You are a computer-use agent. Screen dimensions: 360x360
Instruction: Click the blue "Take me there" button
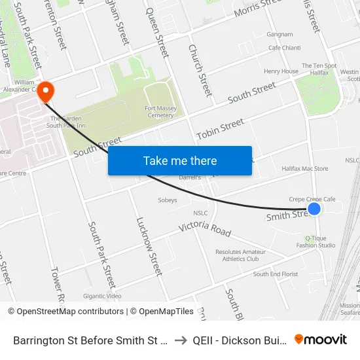[180, 161]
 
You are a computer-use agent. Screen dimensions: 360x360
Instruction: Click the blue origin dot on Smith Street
[314, 209]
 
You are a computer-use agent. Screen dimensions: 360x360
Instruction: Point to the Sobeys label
[168, 200]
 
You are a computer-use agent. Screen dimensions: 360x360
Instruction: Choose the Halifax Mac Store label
[304, 169]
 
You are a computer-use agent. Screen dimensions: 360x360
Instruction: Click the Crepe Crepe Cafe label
[312, 200]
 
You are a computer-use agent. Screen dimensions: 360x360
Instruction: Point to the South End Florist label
[276, 274]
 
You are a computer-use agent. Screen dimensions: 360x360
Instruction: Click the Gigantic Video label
[102, 296]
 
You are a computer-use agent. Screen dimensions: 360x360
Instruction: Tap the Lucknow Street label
[148, 246]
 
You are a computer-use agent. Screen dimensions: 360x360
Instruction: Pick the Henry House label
[281, 71]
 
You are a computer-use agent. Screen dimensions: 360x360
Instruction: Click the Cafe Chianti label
[284, 48]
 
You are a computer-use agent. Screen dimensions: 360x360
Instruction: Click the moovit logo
[321, 340]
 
